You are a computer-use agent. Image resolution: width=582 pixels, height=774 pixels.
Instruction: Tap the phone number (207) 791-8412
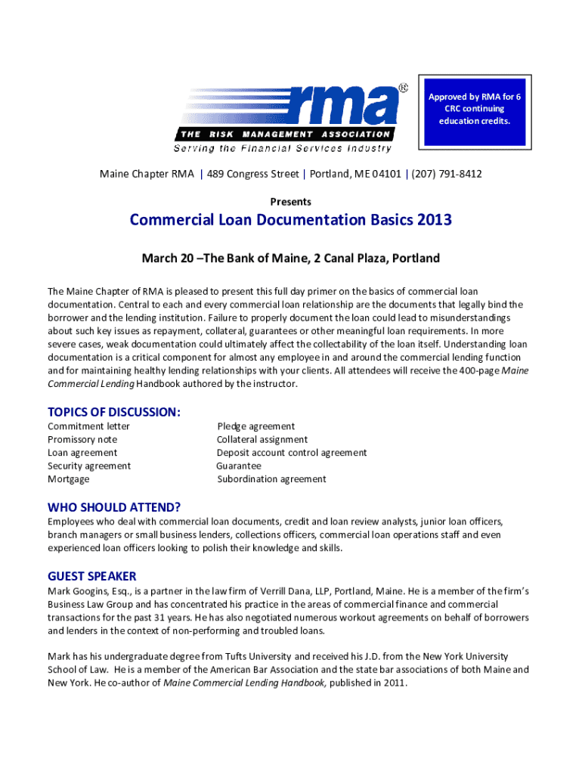(446, 175)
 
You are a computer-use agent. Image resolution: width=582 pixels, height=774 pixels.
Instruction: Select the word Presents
(290, 202)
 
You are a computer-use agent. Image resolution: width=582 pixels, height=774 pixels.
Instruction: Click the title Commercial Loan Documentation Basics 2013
(290, 221)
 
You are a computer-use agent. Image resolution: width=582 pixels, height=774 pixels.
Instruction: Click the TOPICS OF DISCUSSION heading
(114, 412)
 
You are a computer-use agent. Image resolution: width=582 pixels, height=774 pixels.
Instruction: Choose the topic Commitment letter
(88, 426)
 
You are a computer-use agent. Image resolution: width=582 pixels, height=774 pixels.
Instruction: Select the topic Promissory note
(82, 440)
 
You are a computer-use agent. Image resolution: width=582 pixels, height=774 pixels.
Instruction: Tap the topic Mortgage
(68, 479)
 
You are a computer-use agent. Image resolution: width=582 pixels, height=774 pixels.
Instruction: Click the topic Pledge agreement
(255, 426)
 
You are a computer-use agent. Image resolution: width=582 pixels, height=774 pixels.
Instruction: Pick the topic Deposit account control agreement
(291, 453)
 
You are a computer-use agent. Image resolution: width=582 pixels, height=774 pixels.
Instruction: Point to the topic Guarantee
(239, 466)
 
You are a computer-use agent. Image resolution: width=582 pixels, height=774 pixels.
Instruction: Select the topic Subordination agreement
(271, 479)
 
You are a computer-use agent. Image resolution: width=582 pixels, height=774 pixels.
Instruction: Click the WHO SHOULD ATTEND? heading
(114, 507)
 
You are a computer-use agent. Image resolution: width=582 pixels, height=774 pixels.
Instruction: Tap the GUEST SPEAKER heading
(92, 577)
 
